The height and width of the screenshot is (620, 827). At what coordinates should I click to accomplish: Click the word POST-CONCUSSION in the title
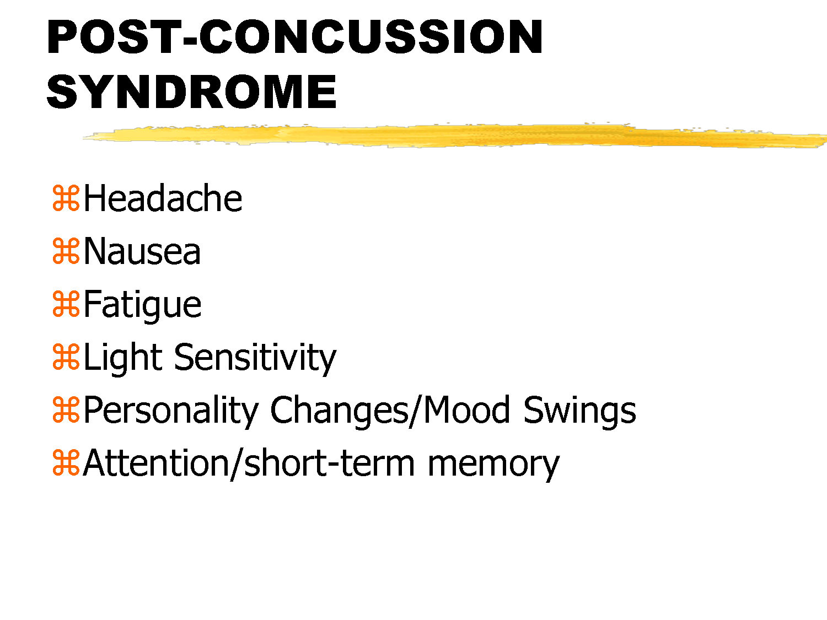coord(295,37)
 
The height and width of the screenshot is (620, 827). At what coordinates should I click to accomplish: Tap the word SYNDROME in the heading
coord(191,91)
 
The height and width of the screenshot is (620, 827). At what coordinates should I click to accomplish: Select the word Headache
coord(163,198)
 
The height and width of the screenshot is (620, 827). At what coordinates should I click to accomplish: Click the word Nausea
coord(142,252)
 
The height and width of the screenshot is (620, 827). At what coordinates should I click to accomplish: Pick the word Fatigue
coord(142,305)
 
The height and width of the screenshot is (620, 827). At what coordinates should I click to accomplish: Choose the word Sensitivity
coord(255,358)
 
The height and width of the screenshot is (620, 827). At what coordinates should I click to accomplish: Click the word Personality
coord(171,411)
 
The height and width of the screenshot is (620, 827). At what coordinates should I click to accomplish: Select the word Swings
coord(579,411)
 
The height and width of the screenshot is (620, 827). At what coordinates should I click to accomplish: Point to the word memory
coord(493,463)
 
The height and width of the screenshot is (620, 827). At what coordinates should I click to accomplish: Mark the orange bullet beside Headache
coord(66,198)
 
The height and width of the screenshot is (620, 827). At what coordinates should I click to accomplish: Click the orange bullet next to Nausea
coord(66,251)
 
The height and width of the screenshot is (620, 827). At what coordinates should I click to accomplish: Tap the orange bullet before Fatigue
coord(66,304)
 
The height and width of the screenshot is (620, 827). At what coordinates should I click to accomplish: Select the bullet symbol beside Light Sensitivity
coord(66,357)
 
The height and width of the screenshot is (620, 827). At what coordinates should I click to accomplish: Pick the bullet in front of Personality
coord(66,410)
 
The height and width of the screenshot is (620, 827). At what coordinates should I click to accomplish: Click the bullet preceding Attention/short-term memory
coord(66,463)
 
